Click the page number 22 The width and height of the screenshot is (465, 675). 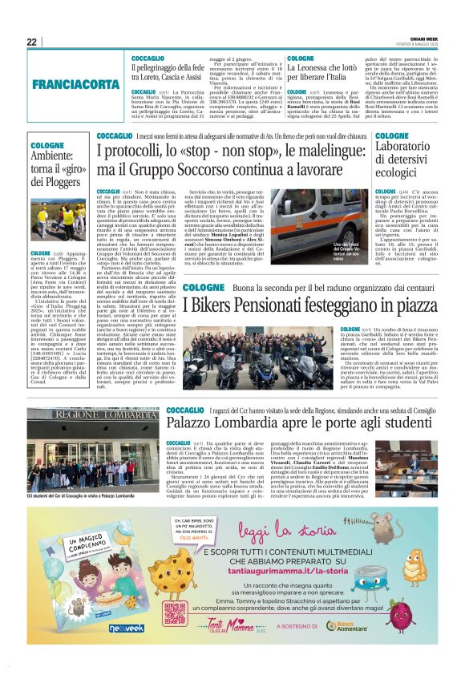pyautogui.click(x=31, y=42)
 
